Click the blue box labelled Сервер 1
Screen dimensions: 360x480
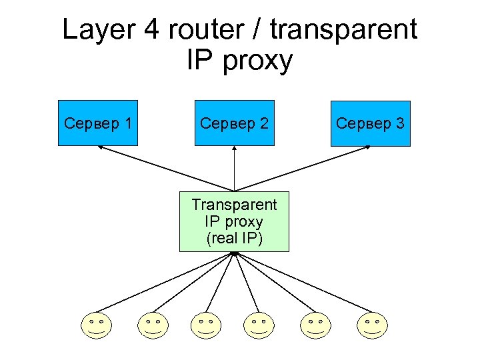(x=98, y=123)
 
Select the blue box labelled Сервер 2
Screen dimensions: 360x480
(x=234, y=123)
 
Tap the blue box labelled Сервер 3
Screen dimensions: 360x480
(x=371, y=123)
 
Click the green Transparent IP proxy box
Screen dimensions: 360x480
(x=234, y=221)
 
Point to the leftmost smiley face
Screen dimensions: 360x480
(x=97, y=325)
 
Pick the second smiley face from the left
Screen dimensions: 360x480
(x=152, y=325)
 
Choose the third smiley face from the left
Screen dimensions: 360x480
(x=206, y=325)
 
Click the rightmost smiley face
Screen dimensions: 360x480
(x=371, y=325)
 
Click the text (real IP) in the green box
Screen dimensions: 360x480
(x=234, y=238)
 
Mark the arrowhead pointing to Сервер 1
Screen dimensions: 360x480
(x=100, y=148)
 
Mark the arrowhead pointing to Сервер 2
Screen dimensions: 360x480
(x=234, y=149)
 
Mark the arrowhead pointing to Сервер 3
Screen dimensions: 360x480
(x=368, y=148)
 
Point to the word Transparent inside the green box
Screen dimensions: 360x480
(x=234, y=205)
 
